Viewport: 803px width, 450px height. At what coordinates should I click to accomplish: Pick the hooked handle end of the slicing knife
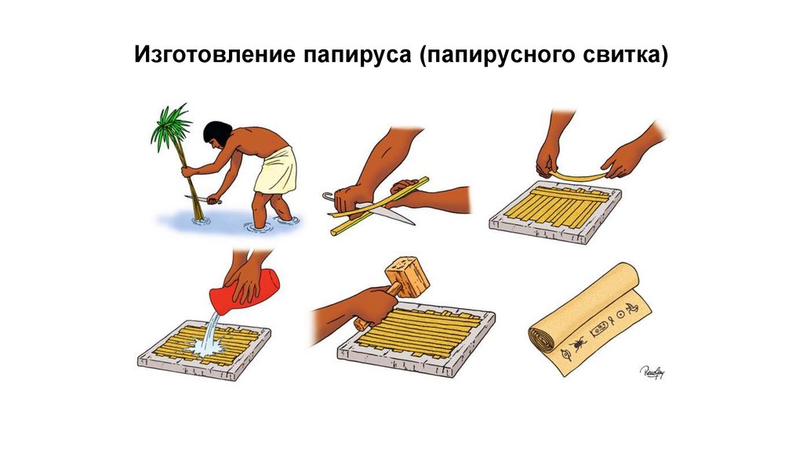[x=328, y=196]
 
